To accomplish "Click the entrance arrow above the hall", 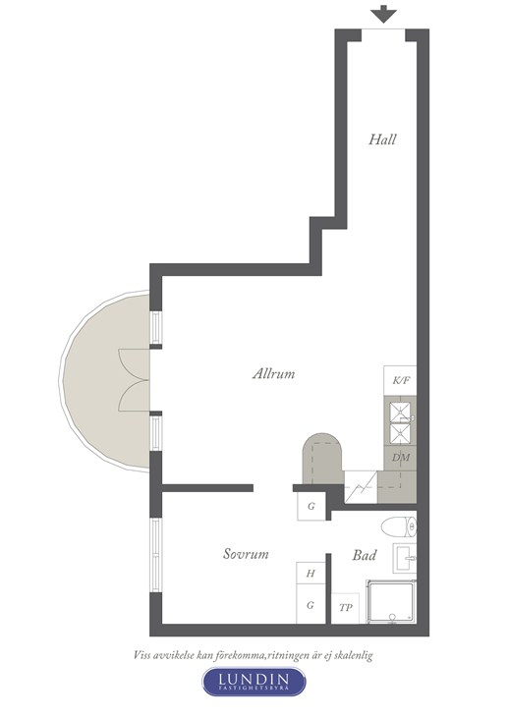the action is click(x=383, y=14).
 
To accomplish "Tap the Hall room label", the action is click(x=382, y=139).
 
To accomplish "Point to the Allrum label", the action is click(x=273, y=373).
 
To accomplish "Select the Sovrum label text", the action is click(x=246, y=554).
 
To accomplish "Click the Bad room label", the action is click(x=365, y=555).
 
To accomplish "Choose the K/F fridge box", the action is click(x=400, y=380).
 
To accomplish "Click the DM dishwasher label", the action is click(x=401, y=458).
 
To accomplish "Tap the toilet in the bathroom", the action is click(x=399, y=526).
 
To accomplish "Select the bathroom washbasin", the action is click(x=405, y=558).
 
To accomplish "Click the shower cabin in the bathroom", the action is click(x=391, y=601).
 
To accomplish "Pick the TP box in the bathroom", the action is click(x=346, y=608).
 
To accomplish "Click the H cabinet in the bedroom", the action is click(x=310, y=573).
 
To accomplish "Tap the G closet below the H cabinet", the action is click(x=310, y=604).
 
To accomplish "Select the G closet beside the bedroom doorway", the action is click(x=311, y=506).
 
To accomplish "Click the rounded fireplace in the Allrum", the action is click(x=322, y=459).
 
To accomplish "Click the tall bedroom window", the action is click(x=156, y=555).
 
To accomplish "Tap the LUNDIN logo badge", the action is click(x=254, y=682).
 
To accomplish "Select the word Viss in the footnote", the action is click(x=142, y=655).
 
